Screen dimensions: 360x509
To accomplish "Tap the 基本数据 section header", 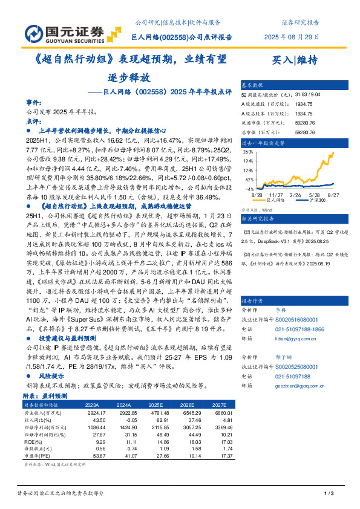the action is coord(253,85).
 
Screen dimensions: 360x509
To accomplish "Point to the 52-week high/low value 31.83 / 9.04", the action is coord(310,95).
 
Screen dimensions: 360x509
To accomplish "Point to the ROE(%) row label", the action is coord(33,442).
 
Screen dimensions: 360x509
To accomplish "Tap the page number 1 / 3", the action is coord(330,494).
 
